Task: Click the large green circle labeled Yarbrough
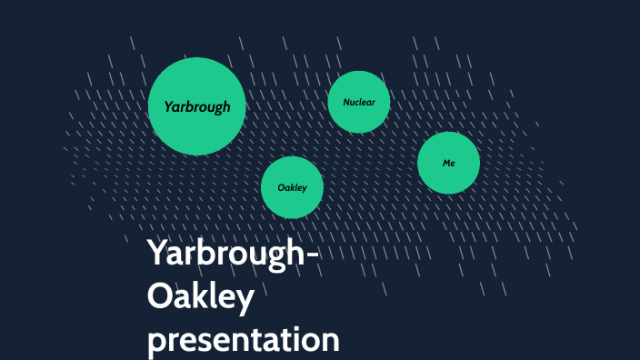[196, 106]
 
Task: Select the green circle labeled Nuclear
[358, 102]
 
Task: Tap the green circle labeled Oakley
[292, 187]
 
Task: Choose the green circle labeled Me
[448, 163]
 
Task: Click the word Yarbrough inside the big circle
[196, 106]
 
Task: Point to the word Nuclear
[358, 102]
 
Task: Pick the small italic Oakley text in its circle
[292, 187]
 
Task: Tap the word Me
[448, 163]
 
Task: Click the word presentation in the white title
[243, 340]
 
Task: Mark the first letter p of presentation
[157, 344]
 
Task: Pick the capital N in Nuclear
[346, 102]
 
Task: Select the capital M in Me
[445, 163]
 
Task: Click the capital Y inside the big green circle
[169, 106]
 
